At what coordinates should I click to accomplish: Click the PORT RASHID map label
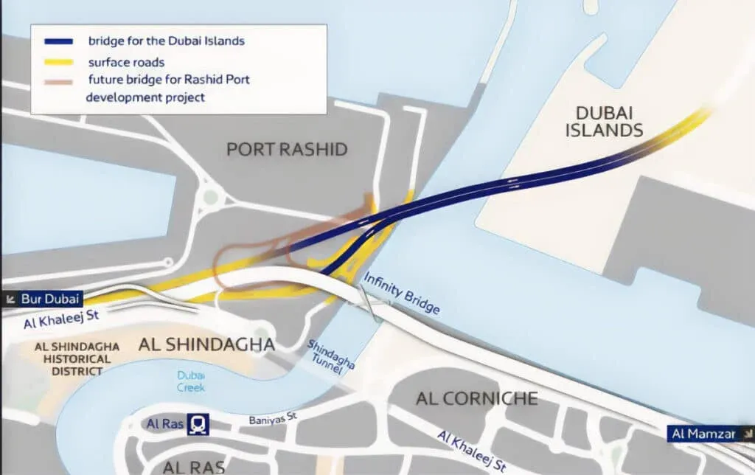[x=286, y=150]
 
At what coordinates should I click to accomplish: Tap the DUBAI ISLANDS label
[x=604, y=122]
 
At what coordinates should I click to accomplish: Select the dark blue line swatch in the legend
[x=56, y=41]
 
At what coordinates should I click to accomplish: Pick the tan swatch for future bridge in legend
[x=56, y=80]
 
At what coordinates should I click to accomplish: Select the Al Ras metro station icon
[x=198, y=423]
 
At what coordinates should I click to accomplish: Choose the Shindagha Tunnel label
[x=331, y=358]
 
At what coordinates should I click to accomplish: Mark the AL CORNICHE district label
[x=476, y=399]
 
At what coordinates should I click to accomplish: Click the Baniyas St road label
[x=273, y=420]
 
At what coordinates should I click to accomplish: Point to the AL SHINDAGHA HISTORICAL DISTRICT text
[x=72, y=359]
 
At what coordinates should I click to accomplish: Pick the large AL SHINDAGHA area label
[x=206, y=344]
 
